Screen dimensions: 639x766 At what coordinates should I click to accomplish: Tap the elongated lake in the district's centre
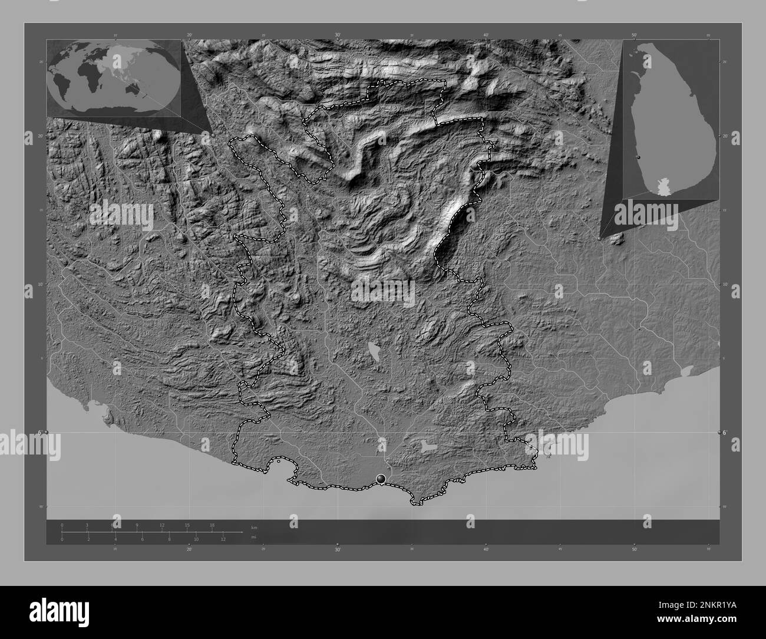[374, 351]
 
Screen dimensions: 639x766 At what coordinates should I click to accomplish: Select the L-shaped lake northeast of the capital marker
[430, 446]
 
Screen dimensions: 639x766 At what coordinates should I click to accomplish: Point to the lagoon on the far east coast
[686, 372]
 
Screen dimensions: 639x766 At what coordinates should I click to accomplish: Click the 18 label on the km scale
[212, 525]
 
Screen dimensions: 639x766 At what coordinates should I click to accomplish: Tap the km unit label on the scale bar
[254, 527]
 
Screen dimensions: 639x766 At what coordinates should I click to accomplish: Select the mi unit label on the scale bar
[253, 538]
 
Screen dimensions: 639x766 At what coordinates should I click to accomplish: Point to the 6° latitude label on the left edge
[39, 433]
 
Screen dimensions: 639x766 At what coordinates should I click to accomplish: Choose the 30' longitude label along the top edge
[338, 35]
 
